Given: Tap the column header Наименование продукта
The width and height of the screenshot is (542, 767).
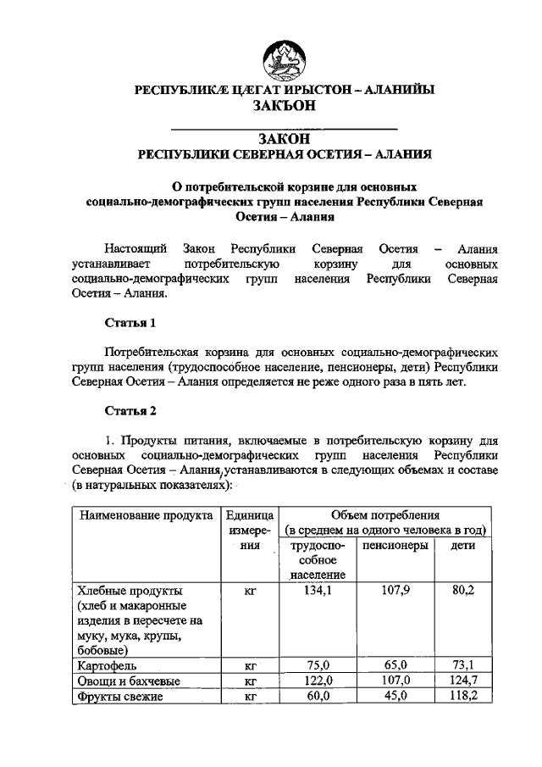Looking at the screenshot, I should (141, 515).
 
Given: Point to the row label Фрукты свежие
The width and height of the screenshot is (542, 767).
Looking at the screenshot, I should (117, 697).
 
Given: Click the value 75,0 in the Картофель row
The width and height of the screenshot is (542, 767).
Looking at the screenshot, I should (318, 666).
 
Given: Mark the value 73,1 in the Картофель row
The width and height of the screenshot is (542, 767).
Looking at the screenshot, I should (463, 666).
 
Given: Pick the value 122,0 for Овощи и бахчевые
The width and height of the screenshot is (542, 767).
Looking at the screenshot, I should (318, 681).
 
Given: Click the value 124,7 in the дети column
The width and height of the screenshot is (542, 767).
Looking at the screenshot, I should (463, 681).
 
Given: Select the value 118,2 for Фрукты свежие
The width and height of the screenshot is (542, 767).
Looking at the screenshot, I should (463, 697).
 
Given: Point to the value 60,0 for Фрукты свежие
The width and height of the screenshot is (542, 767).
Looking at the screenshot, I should (318, 697).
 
